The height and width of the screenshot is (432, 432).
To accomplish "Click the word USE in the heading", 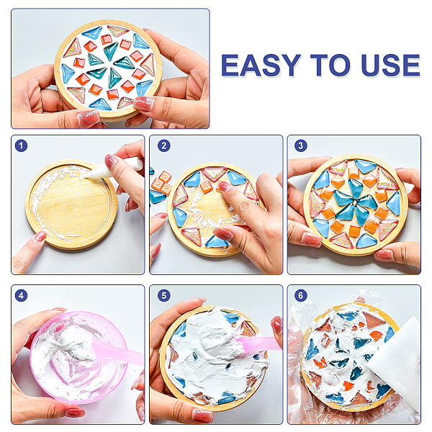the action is [x=391, y=65].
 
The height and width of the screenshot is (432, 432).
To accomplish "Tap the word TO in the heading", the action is [x=330, y=65].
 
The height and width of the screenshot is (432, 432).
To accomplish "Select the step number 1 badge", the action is [x=21, y=145].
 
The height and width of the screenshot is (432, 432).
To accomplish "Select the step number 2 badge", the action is [x=164, y=145].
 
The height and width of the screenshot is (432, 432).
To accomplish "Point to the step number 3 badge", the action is [x=300, y=145].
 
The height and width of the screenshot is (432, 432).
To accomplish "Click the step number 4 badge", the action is [x=21, y=296].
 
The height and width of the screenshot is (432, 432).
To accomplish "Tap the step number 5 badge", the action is [x=164, y=296].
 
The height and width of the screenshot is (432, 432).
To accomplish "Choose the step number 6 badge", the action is [x=300, y=296].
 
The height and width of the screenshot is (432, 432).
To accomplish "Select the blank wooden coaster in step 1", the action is [x=71, y=204].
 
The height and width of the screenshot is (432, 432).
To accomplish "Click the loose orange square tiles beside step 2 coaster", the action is [x=162, y=183].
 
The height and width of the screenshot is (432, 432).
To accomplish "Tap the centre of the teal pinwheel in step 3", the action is [x=356, y=203].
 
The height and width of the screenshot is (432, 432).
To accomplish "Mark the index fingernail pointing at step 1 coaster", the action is [x=40, y=236].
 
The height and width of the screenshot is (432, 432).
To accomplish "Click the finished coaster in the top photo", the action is [x=108, y=71].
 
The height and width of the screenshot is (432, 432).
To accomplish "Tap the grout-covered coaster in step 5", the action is [x=214, y=357].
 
